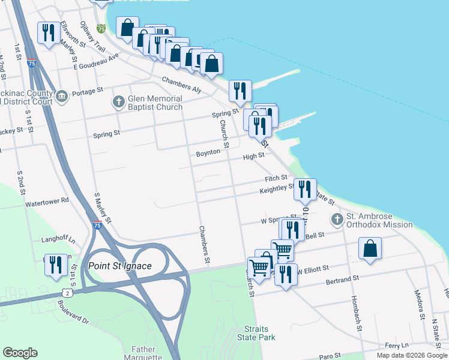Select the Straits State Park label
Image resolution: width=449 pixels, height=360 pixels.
click(260, 333)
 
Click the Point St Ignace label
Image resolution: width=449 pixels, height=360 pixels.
click(119, 266)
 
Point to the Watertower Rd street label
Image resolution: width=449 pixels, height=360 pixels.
click(47, 200)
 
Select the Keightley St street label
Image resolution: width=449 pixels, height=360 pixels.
click(277, 190)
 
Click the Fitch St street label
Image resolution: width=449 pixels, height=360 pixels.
click(276, 179)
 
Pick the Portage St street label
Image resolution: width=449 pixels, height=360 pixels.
click(88, 94)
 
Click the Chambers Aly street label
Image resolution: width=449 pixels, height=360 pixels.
click(181, 84)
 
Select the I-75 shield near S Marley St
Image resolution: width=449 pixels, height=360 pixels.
click(97, 225)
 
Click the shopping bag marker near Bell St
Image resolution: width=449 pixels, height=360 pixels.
click(370, 248)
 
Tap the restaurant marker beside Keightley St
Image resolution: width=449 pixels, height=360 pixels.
click(305, 190)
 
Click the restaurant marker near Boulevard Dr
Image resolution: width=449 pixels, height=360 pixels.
click(56, 265)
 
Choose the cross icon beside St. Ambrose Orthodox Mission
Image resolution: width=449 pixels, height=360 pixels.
click(337, 220)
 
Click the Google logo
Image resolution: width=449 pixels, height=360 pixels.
click(20, 353)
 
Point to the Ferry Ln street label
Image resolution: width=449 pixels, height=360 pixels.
click(397, 345)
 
